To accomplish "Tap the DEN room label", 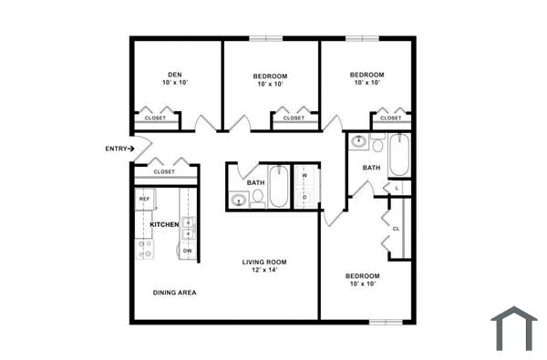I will coord(175,75).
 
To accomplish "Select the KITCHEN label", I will coord(164,224).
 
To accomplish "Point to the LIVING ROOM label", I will coord(264,262).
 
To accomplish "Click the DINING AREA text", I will coord(174,293).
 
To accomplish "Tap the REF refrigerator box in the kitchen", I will coord(144,198).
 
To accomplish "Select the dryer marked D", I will coord(304,196).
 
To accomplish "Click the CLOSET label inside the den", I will coord(155,118).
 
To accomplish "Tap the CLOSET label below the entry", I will coord(164,171).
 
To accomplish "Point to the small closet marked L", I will coord(397,188).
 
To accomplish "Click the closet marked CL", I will coord(397,228).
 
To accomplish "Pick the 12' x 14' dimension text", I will coord(259,271).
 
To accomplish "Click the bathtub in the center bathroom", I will coord(278,186).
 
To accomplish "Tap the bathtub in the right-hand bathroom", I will coord(399,156).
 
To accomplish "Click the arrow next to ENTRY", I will coord(131,149).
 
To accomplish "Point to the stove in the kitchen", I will coord(145,247).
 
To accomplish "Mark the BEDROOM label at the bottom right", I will coord(362,275).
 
